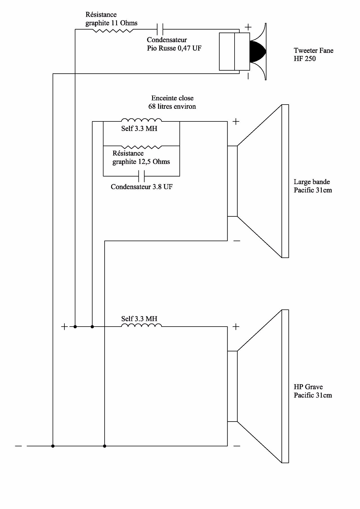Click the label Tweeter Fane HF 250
pyautogui.click(x=313, y=55)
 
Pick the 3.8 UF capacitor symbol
pyautogui.click(x=141, y=176)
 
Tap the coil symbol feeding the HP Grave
pyautogui.click(x=141, y=325)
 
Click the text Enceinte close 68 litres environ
pyautogui.click(x=172, y=102)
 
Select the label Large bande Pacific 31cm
pyautogui.click(x=313, y=186)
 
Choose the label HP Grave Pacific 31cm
pyautogui.click(x=313, y=391)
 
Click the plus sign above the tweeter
pyautogui.click(x=248, y=27)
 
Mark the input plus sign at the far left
pyautogui.click(x=64, y=327)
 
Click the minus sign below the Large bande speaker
pyautogui.click(x=237, y=241)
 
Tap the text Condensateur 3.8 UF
pyautogui.click(x=141, y=187)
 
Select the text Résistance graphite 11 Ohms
pyautogui.click(x=111, y=19)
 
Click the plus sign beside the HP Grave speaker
pyautogui.click(x=236, y=327)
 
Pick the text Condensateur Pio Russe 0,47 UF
pyautogui.click(x=174, y=44)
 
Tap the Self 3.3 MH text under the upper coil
pyautogui.click(x=139, y=129)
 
